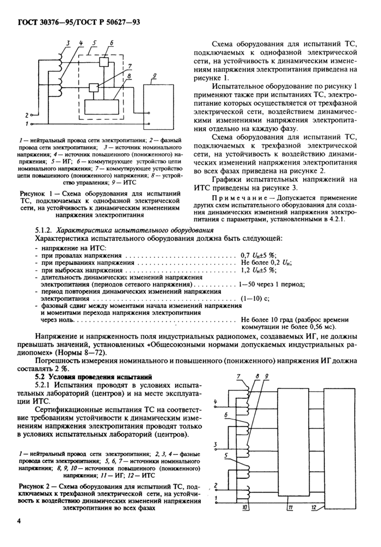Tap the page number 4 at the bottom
click(x=20, y=521)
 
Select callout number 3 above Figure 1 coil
click(x=67, y=42)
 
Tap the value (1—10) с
click(x=255, y=299)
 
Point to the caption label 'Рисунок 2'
click(x=36, y=485)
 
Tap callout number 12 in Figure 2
click(x=315, y=507)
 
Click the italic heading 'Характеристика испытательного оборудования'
click(x=127, y=230)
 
